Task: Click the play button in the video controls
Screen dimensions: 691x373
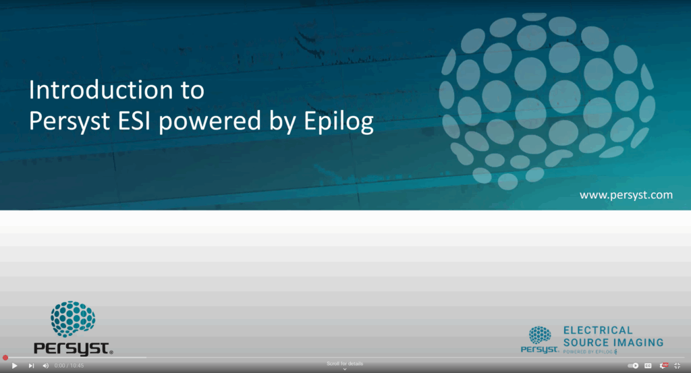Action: pos(15,366)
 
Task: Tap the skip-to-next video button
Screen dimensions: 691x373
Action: pos(31,366)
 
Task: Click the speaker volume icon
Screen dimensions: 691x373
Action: pos(46,366)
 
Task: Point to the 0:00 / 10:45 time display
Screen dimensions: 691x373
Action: pos(69,366)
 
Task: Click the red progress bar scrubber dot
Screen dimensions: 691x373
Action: pos(5,357)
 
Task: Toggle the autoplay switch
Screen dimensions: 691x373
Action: pos(633,366)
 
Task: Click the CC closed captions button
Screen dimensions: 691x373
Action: pos(648,366)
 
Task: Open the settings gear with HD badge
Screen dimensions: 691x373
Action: pos(663,366)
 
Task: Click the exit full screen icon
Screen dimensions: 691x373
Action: pos(678,366)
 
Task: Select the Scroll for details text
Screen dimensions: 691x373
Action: pos(345,364)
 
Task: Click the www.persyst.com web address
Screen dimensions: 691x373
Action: pos(626,195)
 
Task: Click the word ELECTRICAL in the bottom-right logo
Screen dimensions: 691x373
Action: pos(598,331)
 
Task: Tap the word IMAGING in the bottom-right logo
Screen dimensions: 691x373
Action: pos(638,343)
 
